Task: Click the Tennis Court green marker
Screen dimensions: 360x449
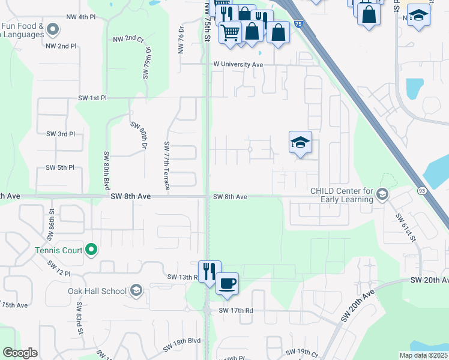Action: click(x=91, y=249)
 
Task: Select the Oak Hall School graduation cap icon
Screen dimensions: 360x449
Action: click(x=136, y=291)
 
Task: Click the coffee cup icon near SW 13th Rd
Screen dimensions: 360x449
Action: click(x=227, y=283)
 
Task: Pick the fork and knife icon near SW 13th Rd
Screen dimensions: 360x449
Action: click(x=209, y=271)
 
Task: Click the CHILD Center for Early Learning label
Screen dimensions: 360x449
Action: click(x=342, y=196)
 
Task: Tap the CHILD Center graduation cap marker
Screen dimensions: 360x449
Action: click(x=382, y=195)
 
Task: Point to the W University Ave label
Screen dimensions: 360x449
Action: click(x=238, y=64)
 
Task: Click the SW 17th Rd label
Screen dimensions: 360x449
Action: click(x=236, y=310)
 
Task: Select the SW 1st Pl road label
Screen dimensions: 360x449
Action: click(x=92, y=97)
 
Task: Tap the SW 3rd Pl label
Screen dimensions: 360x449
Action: click(x=61, y=134)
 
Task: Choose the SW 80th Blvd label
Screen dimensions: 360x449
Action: click(x=106, y=170)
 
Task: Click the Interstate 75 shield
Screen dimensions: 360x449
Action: click(x=299, y=24)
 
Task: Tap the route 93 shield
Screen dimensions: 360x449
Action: click(x=421, y=191)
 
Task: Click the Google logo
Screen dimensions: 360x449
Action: click(x=20, y=353)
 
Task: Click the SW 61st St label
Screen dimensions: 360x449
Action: click(x=402, y=226)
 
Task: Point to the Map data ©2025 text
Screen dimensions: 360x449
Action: click(x=424, y=355)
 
